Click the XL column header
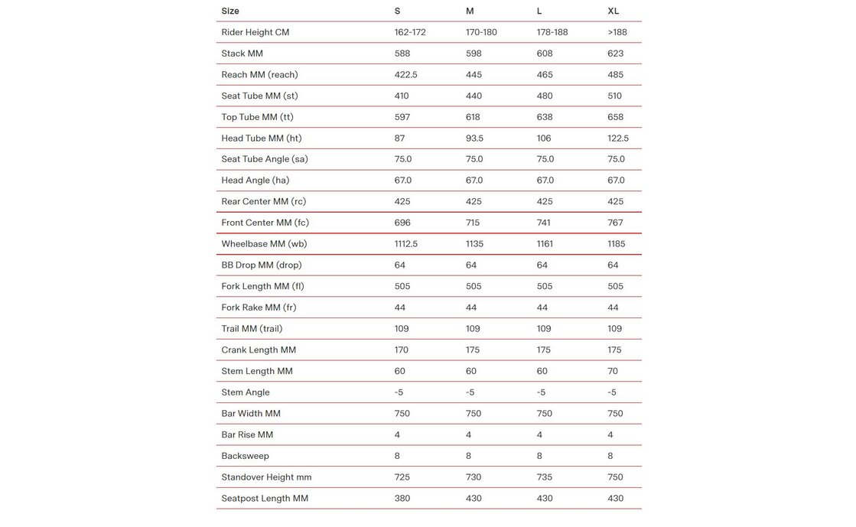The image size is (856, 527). [x=613, y=11]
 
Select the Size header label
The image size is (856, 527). [x=230, y=11]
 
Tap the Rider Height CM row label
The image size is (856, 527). [x=255, y=32]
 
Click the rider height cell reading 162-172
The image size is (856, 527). [x=409, y=32]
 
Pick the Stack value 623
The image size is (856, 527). [x=615, y=54]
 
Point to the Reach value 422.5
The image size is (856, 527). [x=405, y=75]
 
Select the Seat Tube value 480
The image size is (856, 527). [x=545, y=96]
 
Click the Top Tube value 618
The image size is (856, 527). [x=473, y=117]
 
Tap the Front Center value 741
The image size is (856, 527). [x=544, y=223]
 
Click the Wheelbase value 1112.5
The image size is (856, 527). [x=405, y=244]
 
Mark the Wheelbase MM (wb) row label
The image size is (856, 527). [x=264, y=244]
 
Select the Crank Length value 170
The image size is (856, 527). [x=402, y=350]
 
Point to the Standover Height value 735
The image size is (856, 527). [x=545, y=477]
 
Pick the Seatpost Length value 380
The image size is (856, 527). [x=402, y=499]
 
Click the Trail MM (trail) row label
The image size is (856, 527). [x=252, y=329]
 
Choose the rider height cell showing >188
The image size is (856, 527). [x=616, y=32]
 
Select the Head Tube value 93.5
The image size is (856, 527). [x=474, y=138]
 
